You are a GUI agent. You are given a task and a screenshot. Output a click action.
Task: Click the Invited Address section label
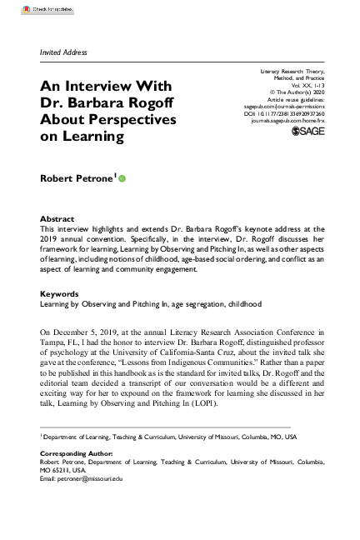pos(63,52)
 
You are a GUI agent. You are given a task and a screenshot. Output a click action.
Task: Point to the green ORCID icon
pos(122,177)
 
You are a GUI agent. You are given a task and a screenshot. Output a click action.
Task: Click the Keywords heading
pos(59,294)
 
